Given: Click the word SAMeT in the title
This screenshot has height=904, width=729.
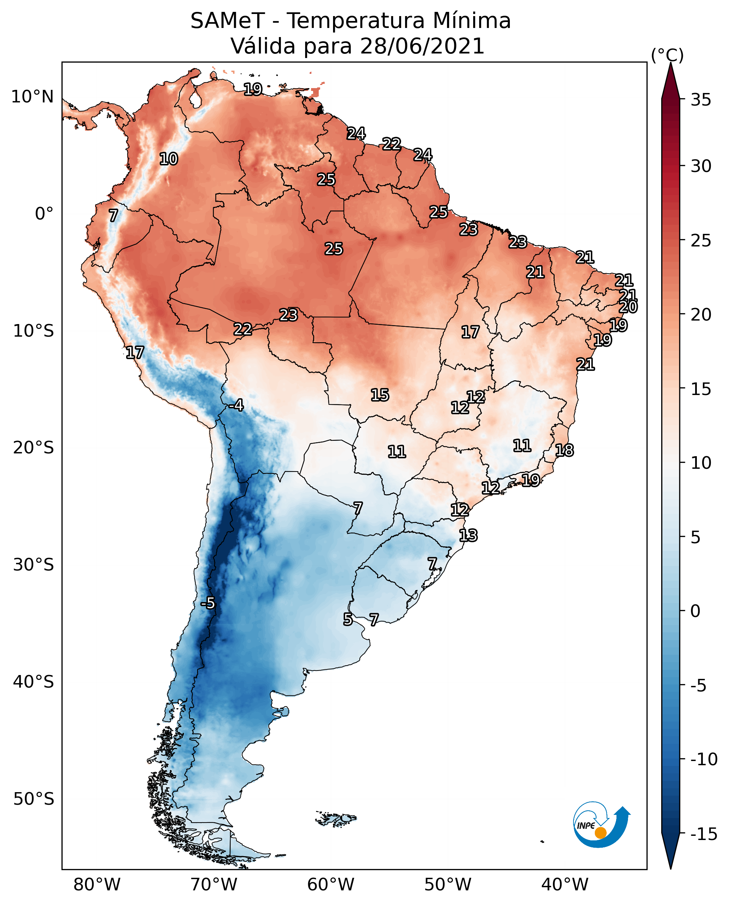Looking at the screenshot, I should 227,21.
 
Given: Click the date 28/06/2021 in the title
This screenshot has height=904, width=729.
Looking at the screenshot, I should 422,46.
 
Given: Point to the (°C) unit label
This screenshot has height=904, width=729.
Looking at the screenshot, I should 667,55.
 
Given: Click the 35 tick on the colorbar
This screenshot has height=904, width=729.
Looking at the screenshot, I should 701,100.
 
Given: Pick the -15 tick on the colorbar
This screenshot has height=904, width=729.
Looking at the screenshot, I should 703,834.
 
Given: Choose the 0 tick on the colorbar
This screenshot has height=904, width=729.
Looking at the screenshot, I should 695,611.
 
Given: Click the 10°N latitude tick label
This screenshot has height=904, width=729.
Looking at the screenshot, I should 33,97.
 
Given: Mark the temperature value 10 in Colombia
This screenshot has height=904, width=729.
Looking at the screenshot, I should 168,159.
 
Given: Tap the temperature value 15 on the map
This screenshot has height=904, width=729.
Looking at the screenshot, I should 380,395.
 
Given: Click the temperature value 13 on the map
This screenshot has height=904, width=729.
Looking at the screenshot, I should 468,536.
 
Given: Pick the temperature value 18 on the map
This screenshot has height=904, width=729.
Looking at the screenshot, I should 564,450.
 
